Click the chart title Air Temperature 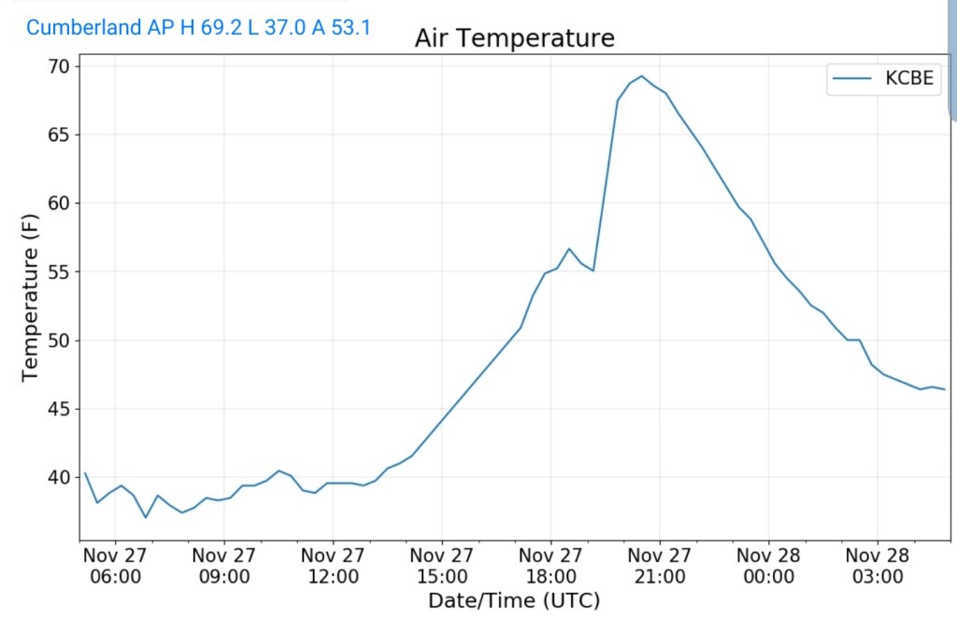coord(514,38)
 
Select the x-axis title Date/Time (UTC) coord(513,600)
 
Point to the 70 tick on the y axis coord(59,66)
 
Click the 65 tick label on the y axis coord(59,134)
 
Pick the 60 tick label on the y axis coord(59,204)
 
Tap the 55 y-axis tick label coord(59,272)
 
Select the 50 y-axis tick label coord(59,341)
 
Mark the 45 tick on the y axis coord(59,409)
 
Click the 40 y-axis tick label coord(59,477)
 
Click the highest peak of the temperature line coord(641,77)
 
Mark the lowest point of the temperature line coord(146,517)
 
